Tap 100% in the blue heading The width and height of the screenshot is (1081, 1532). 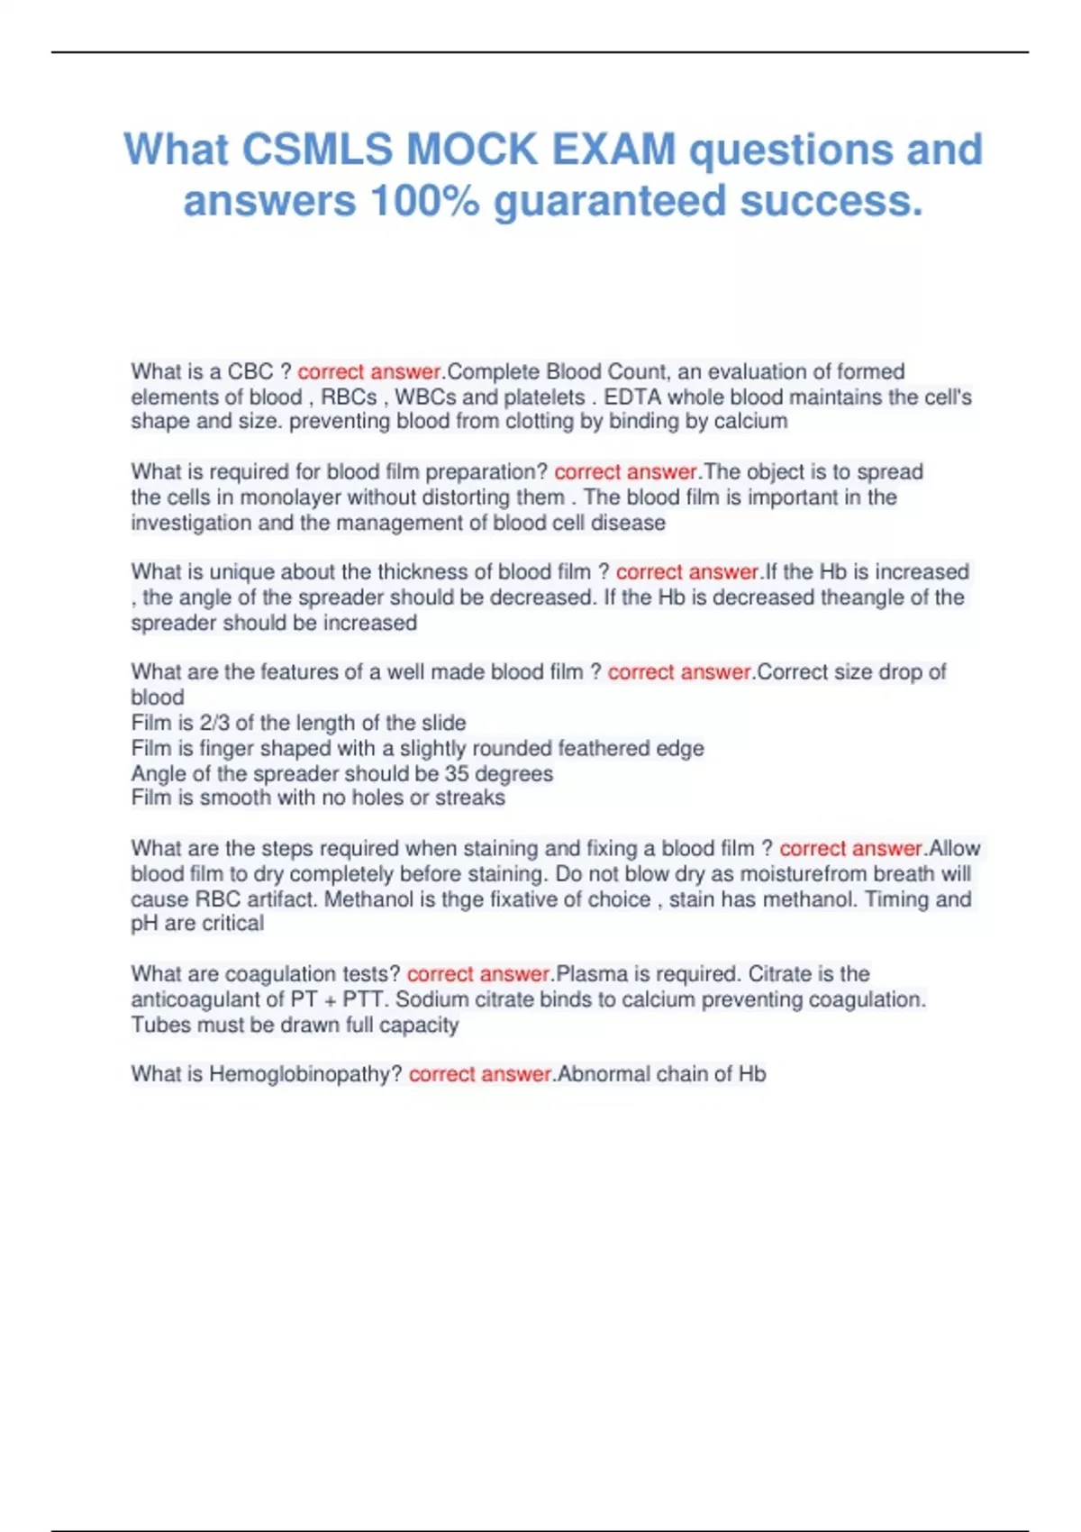click(423, 201)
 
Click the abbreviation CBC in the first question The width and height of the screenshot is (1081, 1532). click(250, 371)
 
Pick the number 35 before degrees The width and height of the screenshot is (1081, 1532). click(457, 773)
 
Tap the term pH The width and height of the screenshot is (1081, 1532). click(144, 923)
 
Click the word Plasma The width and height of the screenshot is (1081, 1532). click(592, 973)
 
